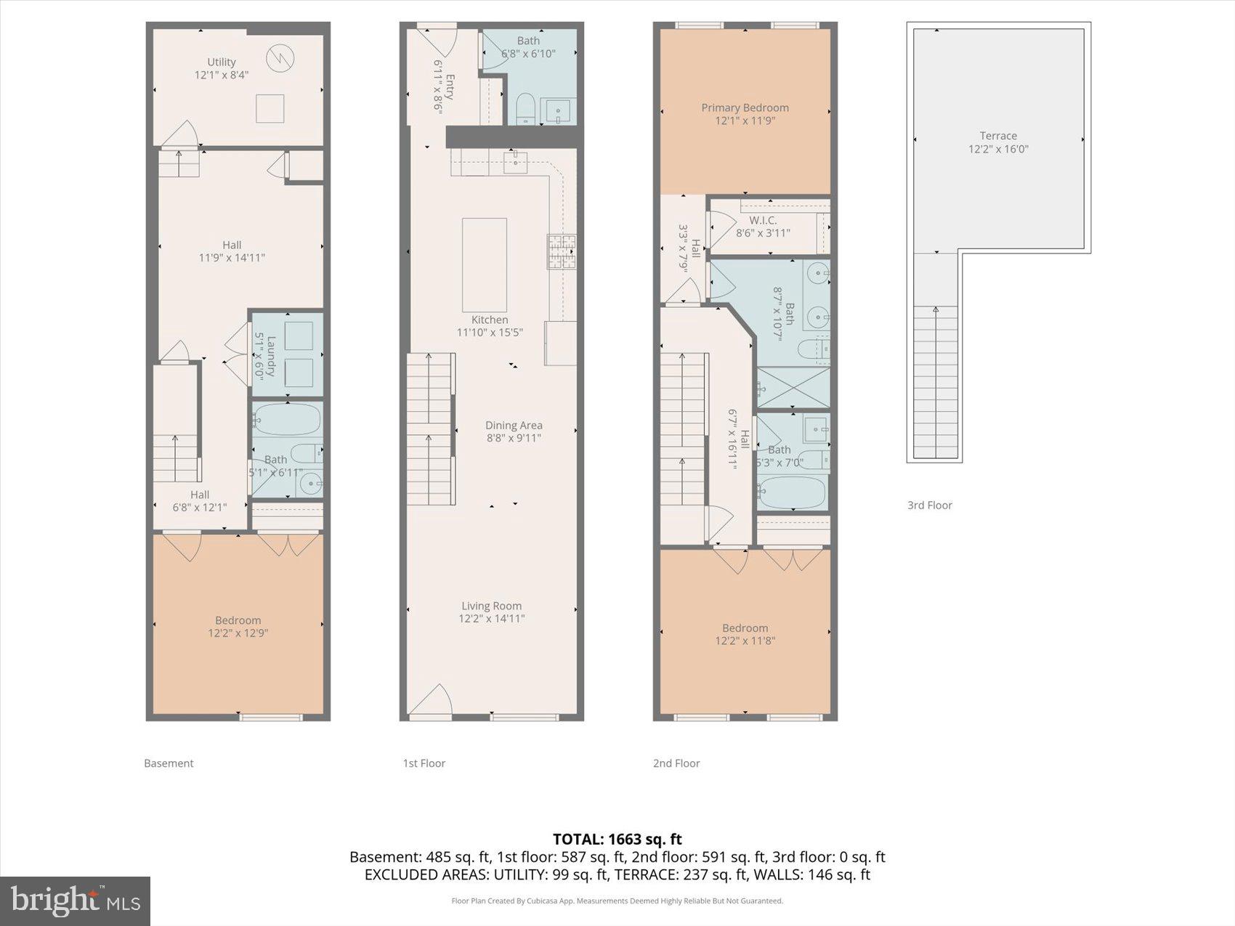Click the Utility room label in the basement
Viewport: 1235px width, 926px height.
point(222,62)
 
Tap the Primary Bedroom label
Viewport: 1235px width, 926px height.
point(745,107)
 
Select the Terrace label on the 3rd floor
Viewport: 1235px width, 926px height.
point(997,136)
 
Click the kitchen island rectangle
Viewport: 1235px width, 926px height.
point(485,264)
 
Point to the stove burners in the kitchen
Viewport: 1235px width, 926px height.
point(562,251)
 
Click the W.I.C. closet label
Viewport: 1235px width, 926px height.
point(763,220)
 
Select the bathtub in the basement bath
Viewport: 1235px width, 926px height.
point(288,420)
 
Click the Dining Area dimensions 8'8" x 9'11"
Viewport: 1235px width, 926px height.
point(514,438)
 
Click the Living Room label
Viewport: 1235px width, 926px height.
point(492,606)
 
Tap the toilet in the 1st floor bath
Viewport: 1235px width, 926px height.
point(525,109)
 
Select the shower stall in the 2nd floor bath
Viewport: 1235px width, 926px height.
point(793,387)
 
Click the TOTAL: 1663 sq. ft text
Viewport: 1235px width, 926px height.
point(617,840)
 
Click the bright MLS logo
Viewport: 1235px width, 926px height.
point(75,901)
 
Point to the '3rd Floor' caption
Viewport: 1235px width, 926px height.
point(929,505)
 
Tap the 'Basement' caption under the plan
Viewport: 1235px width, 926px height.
point(169,763)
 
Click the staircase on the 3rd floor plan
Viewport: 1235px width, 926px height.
point(935,381)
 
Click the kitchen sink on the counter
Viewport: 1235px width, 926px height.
point(515,161)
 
